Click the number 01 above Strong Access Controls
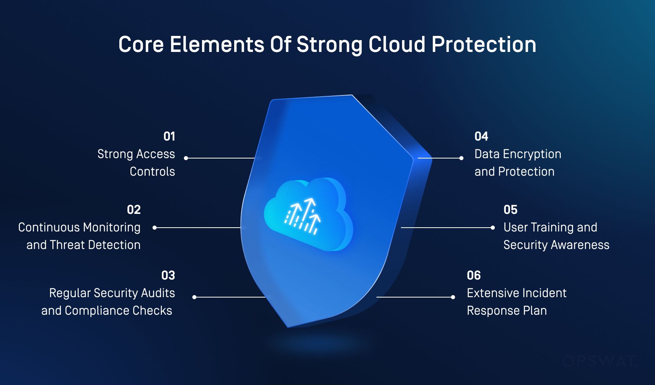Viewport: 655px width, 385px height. (169, 136)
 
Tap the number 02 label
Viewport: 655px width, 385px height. (134, 210)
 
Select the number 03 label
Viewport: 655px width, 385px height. (168, 275)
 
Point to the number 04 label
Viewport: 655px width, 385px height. (481, 136)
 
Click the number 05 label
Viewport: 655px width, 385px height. (510, 210)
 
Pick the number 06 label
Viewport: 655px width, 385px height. (474, 275)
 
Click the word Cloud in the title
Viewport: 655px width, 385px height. (397, 44)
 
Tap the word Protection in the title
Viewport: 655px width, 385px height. (484, 44)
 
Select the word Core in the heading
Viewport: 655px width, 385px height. (141, 44)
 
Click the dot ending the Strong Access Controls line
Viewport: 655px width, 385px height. (186, 158)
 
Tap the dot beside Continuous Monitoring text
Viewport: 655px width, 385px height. (155, 227)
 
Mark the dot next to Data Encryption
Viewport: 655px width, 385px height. (461, 158)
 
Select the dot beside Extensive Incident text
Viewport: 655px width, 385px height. (453, 297)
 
